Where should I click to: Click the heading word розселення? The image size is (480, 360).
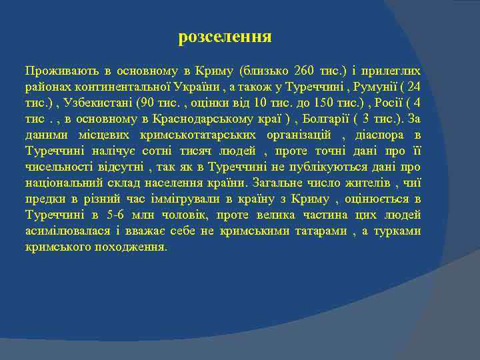coord(225,37)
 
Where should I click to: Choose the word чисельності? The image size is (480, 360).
coord(59,167)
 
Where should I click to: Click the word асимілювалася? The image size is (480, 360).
coord(65,231)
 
